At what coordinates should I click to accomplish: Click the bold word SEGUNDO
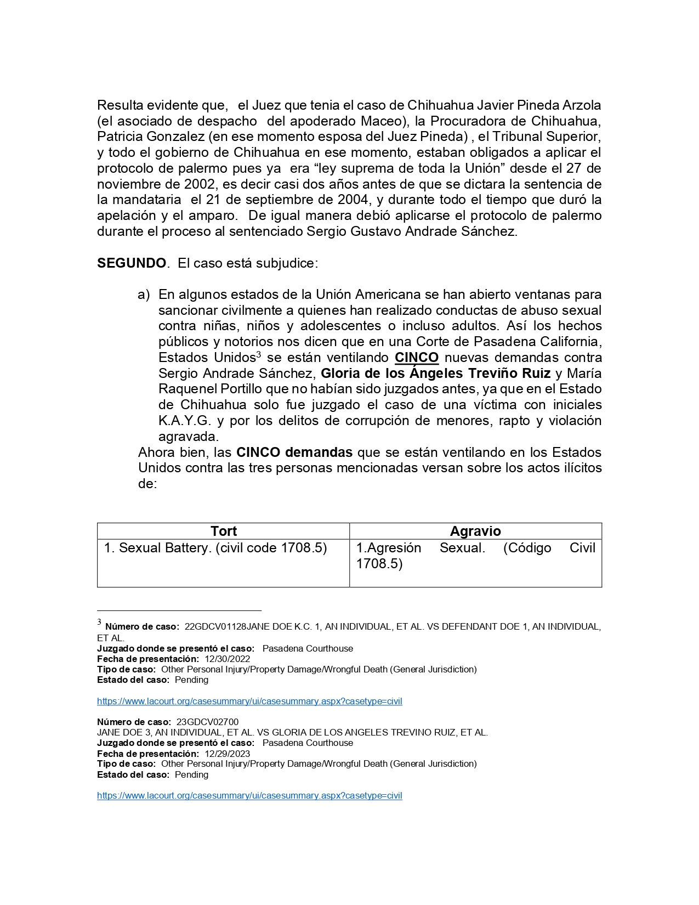coord(132,263)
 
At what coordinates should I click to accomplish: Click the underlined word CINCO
coord(417,358)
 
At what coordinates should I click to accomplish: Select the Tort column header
coord(224,531)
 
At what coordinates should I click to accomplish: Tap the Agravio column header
coord(475,531)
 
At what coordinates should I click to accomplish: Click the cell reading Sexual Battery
coord(215,548)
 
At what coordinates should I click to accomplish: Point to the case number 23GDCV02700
coord(208,722)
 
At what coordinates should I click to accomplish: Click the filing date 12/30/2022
coord(228,659)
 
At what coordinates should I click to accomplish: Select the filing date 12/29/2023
coord(228,754)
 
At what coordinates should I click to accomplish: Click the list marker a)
coord(144,295)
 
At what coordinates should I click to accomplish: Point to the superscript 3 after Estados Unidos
coord(259,355)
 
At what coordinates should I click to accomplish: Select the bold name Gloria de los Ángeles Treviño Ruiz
coord(436,374)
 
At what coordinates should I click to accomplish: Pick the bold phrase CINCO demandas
coord(294,452)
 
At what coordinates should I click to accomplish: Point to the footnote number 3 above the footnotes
coord(99,623)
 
